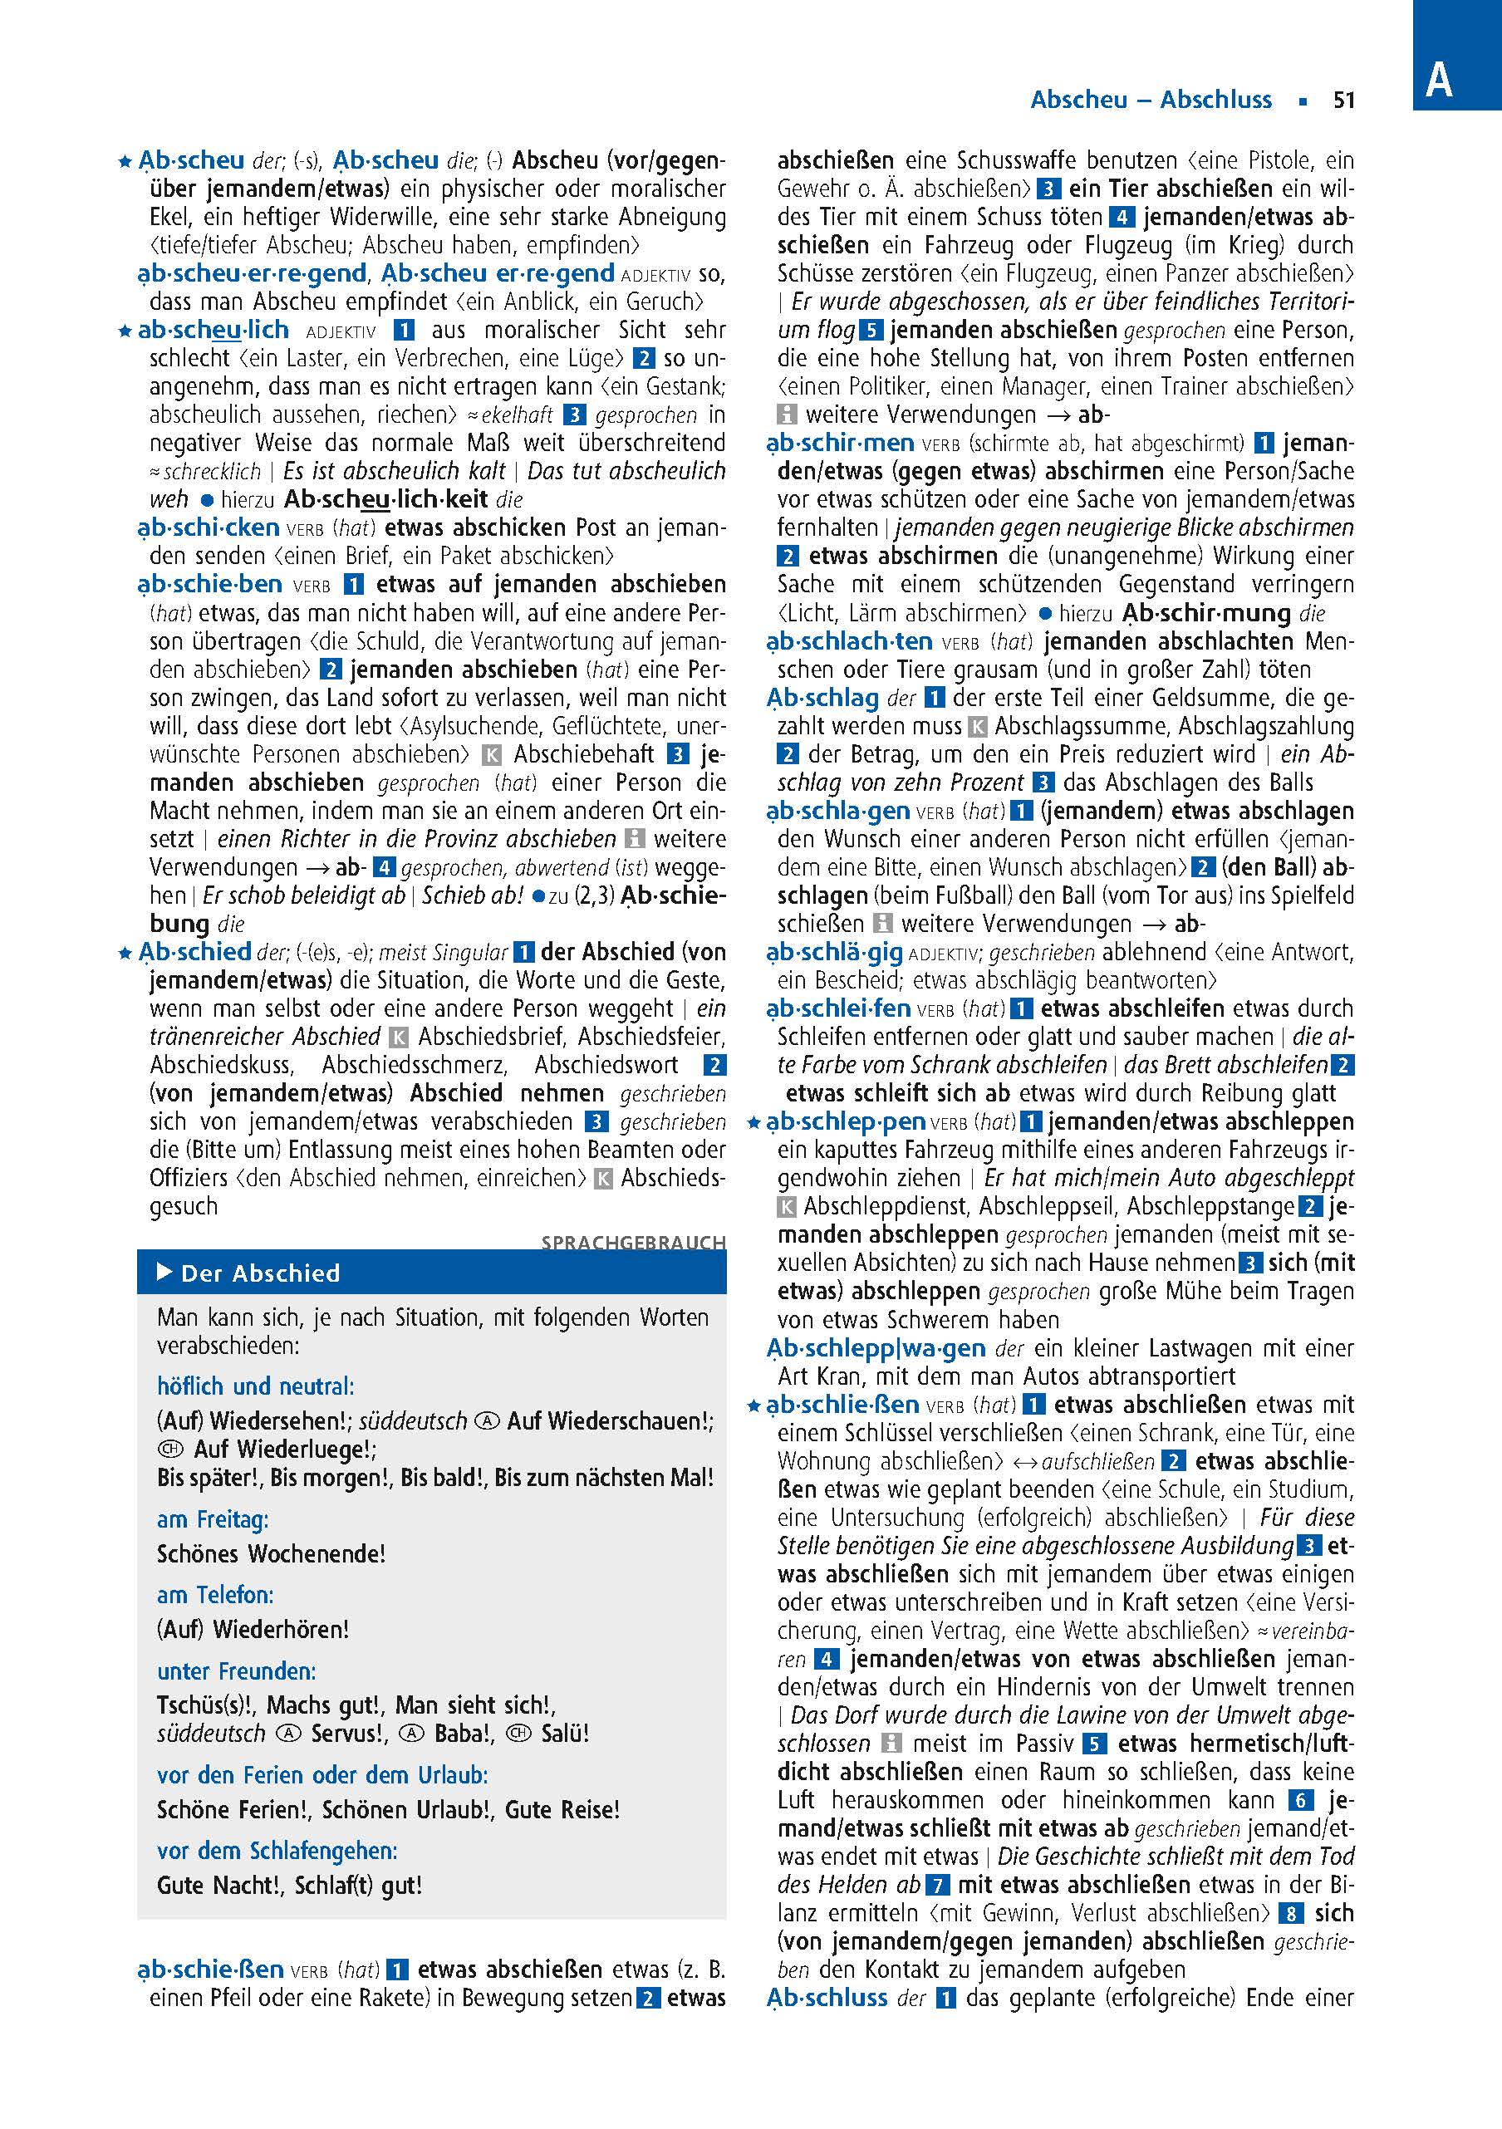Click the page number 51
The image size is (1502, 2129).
click(1343, 101)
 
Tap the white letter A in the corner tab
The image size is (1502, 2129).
click(1438, 81)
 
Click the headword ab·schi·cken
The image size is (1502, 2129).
click(209, 527)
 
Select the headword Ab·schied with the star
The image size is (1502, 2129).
click(194, 951)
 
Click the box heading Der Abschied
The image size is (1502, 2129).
click(261, 1273)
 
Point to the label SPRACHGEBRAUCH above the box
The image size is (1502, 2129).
click(633, 1242)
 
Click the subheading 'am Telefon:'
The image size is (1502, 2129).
click(215, 1595)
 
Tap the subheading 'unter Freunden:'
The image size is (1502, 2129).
click(237, 1671)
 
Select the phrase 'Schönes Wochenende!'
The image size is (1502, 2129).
click(271, 1553)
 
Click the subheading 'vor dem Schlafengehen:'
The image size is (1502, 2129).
click(277, 1851)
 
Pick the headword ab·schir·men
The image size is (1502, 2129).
click(840, 444)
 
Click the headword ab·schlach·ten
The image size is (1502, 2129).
click(849, 640)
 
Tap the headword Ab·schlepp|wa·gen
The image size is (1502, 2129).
click(876, 1347)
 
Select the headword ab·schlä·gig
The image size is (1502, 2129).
click(834, 952)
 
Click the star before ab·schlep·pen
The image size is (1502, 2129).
click(754, 1123)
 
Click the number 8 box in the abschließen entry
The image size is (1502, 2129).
click(1289, 1913)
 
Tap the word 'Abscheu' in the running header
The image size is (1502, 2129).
click(1079, 101)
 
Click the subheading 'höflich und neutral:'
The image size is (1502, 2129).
click(255, 1386)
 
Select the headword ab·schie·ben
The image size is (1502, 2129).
click(209, 584)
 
